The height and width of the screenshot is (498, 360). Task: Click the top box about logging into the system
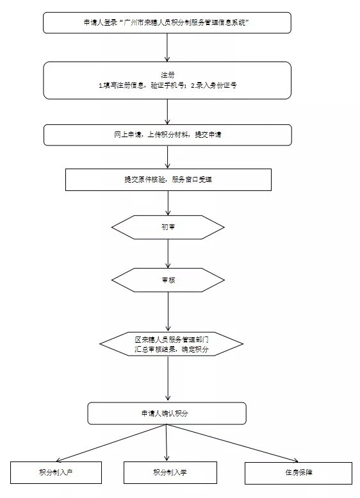(x=167, y=22)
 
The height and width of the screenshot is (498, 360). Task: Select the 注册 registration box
(x=167, y=79)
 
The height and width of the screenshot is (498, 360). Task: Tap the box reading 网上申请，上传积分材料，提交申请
(x=167, y=135)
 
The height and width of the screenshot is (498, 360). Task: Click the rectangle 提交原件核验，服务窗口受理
(x=168, y=179)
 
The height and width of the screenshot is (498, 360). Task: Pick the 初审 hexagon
(x=168, y=227)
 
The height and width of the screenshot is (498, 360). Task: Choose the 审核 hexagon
(x=168, y=280)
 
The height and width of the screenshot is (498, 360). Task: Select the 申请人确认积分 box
(x=167, y=413)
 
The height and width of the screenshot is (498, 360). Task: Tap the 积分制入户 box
(x=56, y=472)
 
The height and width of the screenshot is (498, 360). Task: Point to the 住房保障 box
(x=299, y=472)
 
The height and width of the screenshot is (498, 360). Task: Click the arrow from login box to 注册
(x=167, y=47)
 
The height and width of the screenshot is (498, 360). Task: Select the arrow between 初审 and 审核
(x=168, y=253)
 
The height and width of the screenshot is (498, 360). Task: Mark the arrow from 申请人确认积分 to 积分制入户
(x=109, y=442)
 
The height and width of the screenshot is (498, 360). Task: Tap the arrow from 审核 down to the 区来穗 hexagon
(x=168, y=311)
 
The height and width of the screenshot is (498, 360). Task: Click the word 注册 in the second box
(x=167, y=74)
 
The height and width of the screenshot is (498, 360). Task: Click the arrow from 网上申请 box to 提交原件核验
(x=168, y=156)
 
